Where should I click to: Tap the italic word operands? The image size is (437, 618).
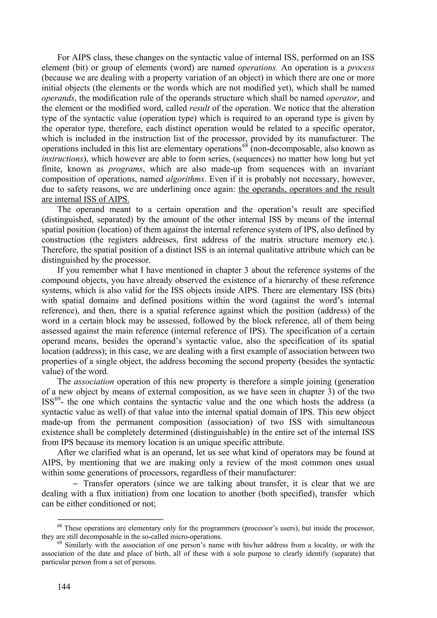tap(58, 98)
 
